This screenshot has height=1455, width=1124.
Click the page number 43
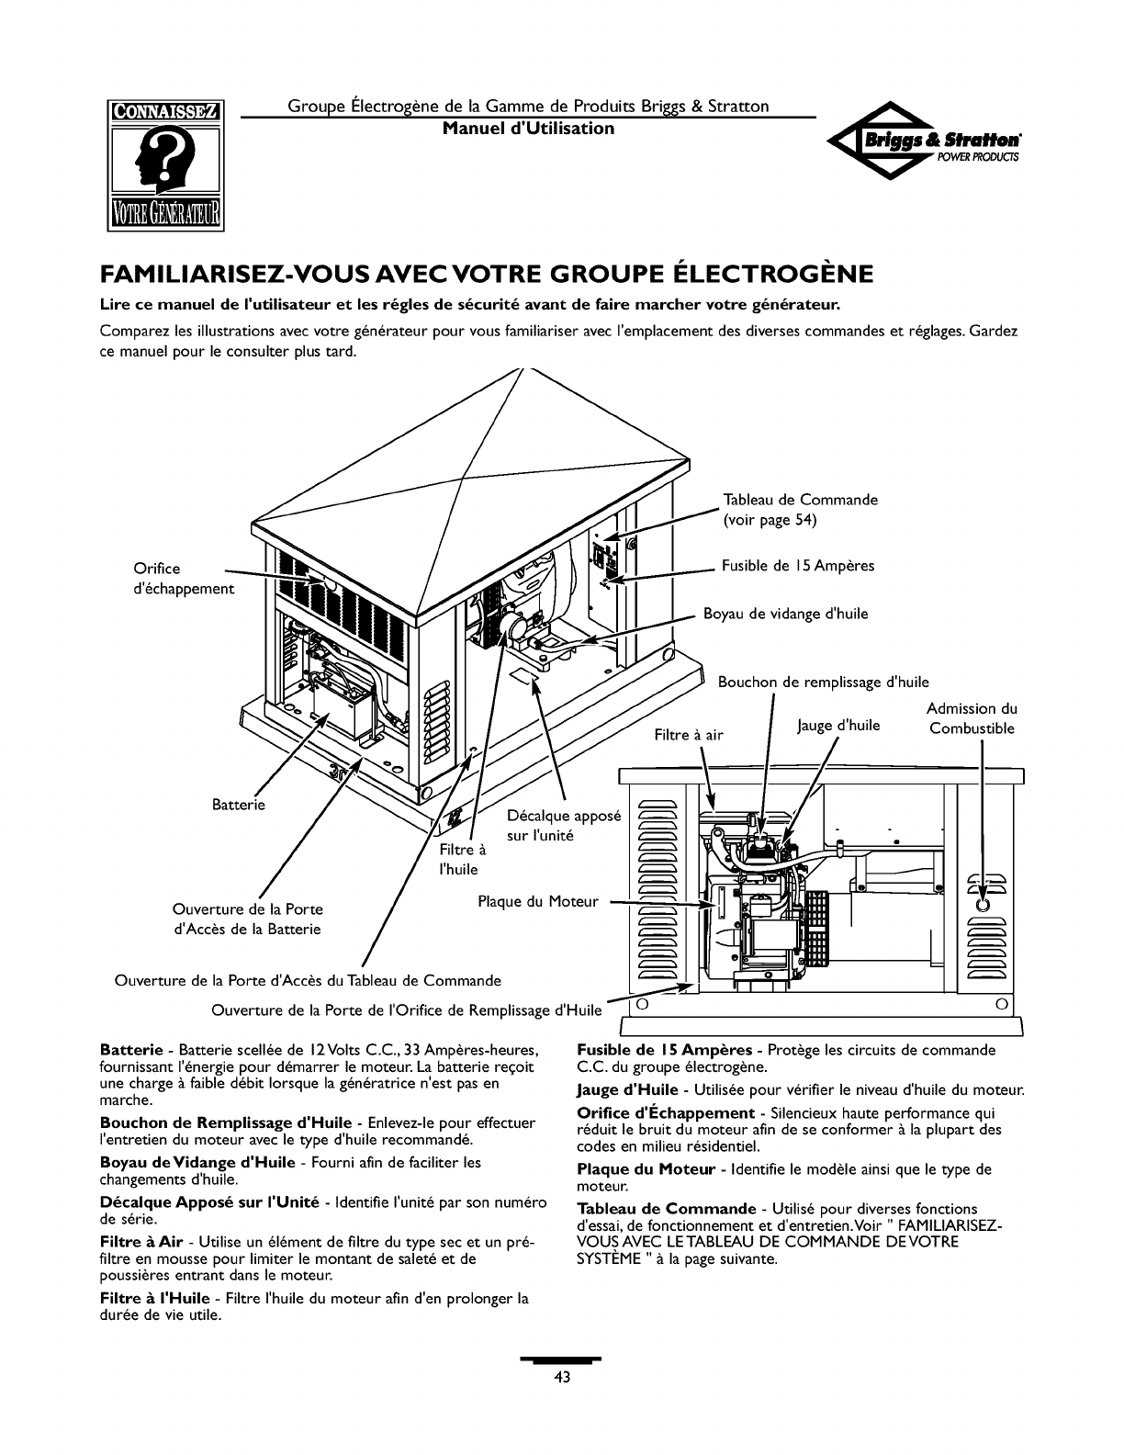coord(562,1376)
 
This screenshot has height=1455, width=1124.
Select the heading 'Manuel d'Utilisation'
coord(528,129)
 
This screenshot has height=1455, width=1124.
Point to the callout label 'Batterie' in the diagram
coord(238,805)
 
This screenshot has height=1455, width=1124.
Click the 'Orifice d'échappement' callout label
coord(182,579)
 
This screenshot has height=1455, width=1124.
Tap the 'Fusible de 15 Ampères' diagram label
coord(798,566)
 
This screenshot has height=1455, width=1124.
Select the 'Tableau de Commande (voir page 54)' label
coord(800,510)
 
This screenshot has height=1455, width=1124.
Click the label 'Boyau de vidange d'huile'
coord(785,614)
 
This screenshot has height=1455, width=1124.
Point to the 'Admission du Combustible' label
coord(972,718)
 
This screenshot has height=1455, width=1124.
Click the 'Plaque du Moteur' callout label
coord(538,901)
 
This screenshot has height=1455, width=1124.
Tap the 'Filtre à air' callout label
coord(689,734)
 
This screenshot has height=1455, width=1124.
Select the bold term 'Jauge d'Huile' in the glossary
coord(627,1089)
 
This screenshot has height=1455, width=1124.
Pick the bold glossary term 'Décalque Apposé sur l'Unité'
coord(208,1202)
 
